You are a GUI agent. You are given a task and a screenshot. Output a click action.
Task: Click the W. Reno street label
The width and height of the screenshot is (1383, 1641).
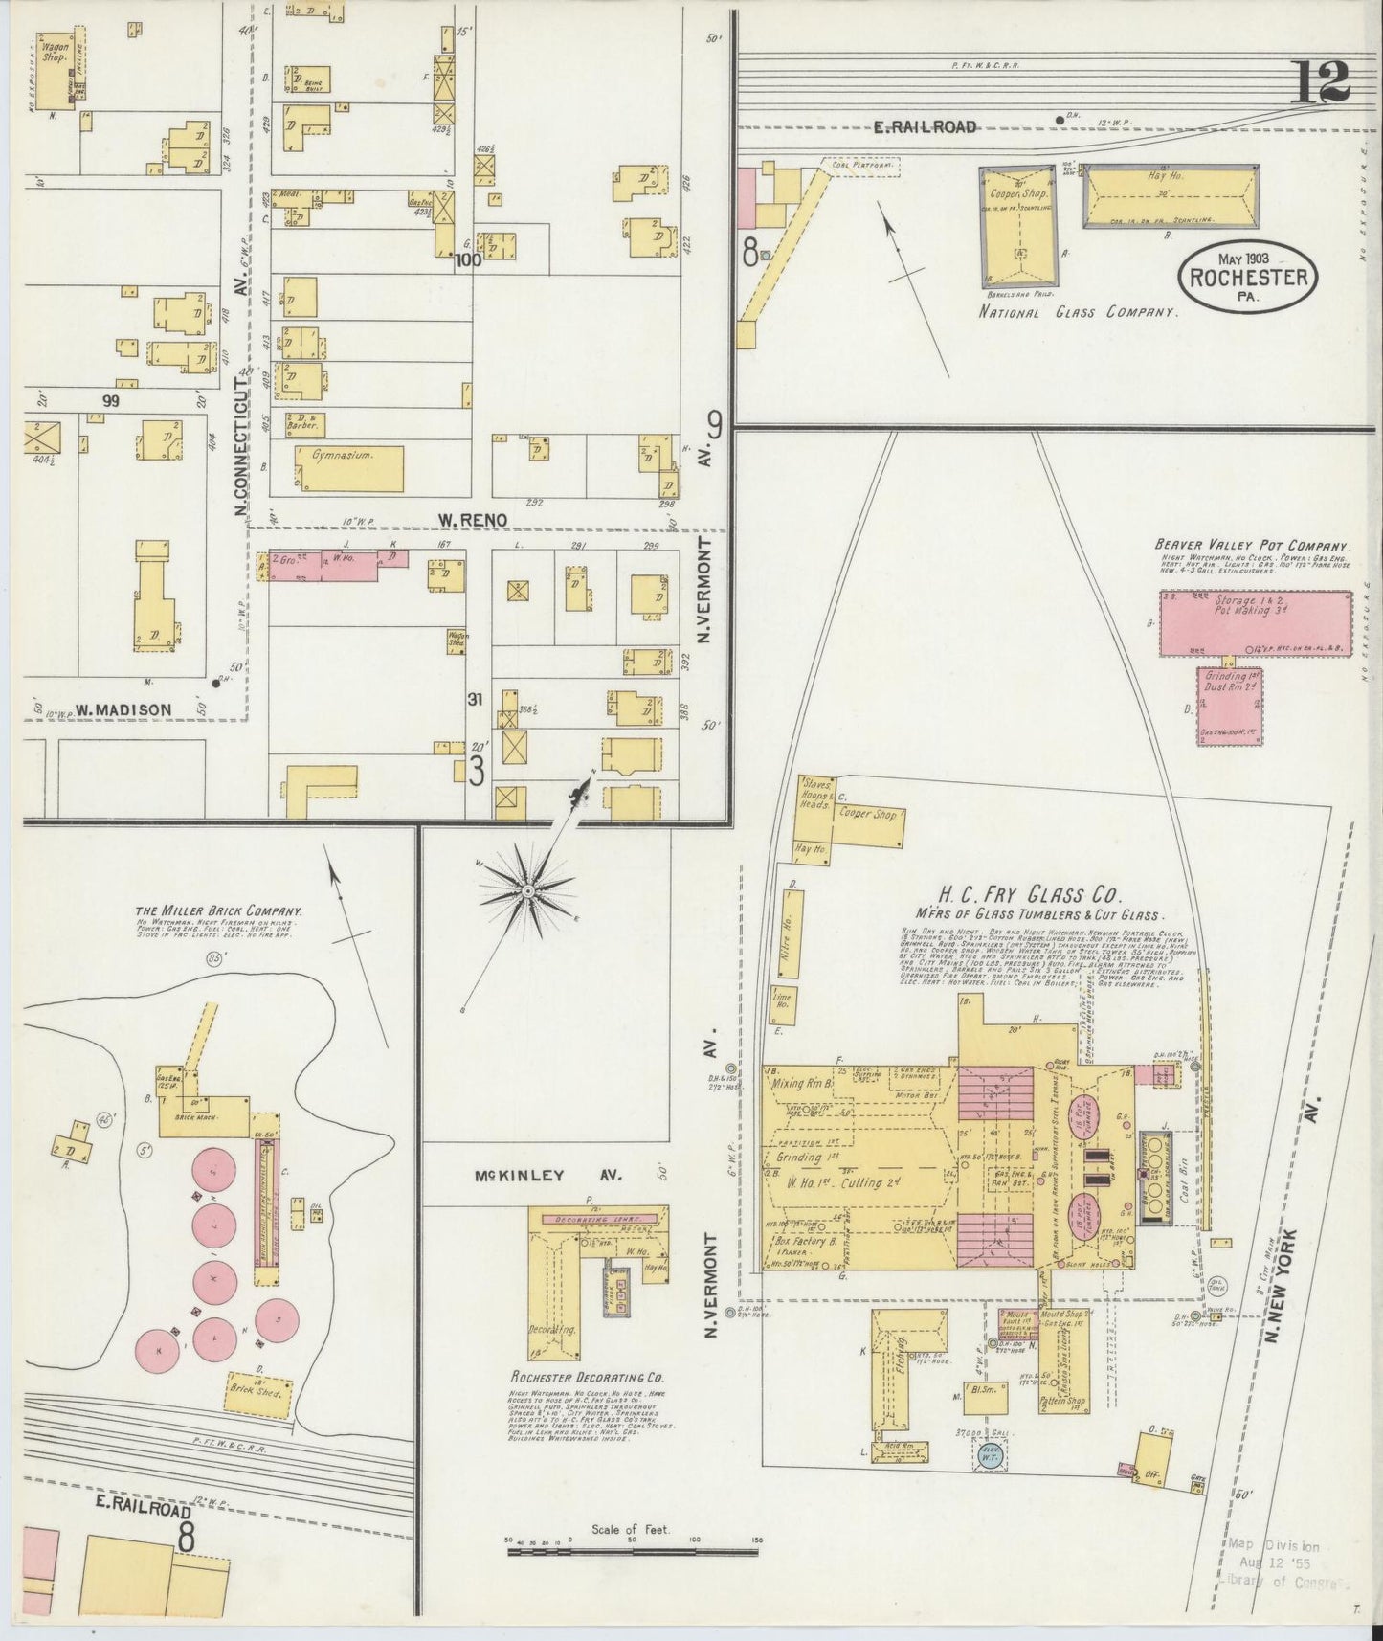point(472,520)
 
